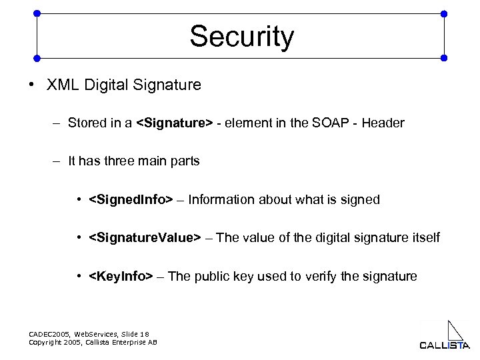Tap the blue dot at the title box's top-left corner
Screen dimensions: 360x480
click(x=36, y=13)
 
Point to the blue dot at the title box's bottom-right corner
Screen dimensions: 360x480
click(x=445, y=58)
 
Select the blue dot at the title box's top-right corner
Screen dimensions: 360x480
click(x=445, y=13)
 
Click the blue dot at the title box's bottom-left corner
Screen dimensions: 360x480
click(x=36, y=58)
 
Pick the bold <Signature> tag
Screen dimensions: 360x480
click(x=174, y=123)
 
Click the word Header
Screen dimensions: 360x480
click(x=383, y=123)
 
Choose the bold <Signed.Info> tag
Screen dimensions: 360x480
click(x=131, y=199)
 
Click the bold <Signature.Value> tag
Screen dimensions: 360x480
click(x=144, y=238)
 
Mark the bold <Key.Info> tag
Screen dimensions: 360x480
click(x=121, y=276)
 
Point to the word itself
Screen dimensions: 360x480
click(x=424, y=238)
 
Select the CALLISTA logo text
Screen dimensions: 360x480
click(x=444, y=345)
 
